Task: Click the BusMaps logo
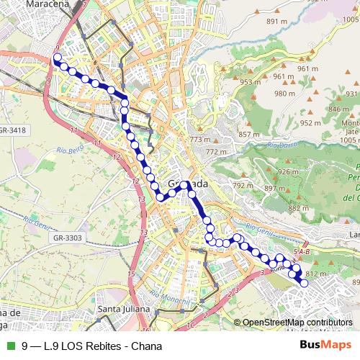pyautogui.click(x=325, y=346)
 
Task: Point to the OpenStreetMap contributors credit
pyautogui.click(x=297, y=322)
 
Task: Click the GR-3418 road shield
pyautogui.click(x=13, y=130)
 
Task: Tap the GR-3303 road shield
pyautogui.click(x=69, y=238)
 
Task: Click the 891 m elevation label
pyautogui.click(x=276, y=22)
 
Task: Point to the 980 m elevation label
pyautogui.click(x=284, y=94)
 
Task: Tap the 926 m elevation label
pyautogui.click(x=288, y=171)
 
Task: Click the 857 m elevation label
pyautogui.click(x=248, y=135)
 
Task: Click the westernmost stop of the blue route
pyautogui.click(x=56, y=62)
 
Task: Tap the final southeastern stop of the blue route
pyautogui.click(x=304, y=284)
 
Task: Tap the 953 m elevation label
pyautogui.click(x=251, y=82)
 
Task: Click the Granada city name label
pyautogui.click(x=188, y=184)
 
